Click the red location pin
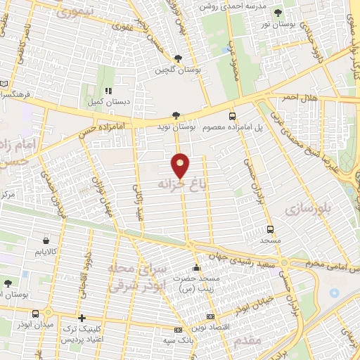pyautogui.click(x=180, y=167)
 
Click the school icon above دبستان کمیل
pyautogui.click(x=108, y=91)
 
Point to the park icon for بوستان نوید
pyautogui.click(x=176, y=115)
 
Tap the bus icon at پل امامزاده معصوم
pyautogui.click(x=233, y=116)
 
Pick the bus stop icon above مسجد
pyautogui.click(x=270, y=229)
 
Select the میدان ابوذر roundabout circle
pyautogui.click(x=48, y=312)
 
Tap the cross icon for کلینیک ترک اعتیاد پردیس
pyautogui.click(x=82, y=319)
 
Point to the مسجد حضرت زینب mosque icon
pyautogui.click(x=196, y=268)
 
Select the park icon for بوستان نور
pyautogui.click(x=278, y=13)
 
